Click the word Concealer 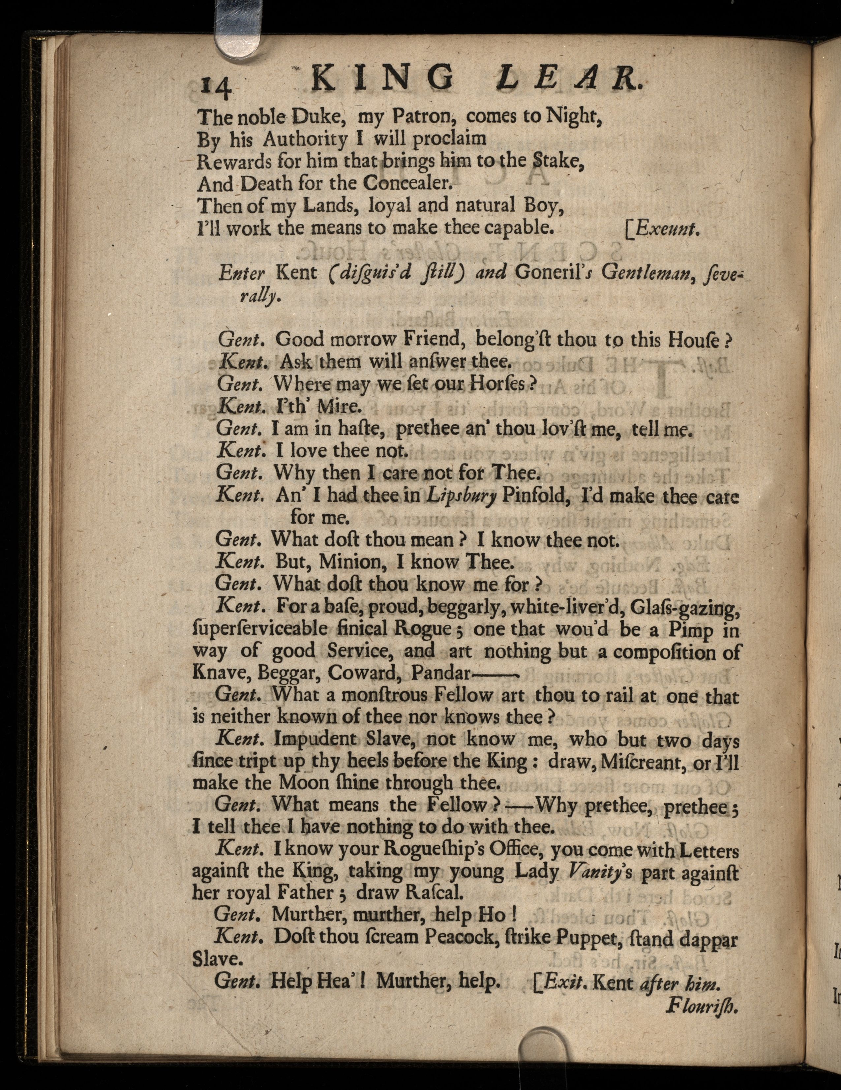pyautogui.click(x=407, y=184)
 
